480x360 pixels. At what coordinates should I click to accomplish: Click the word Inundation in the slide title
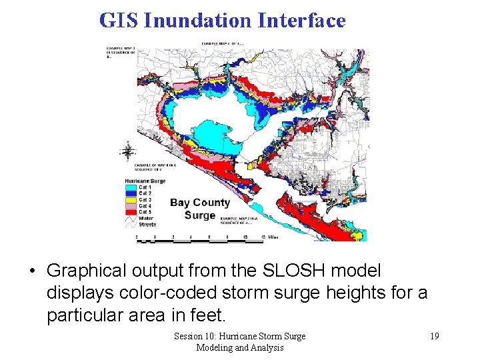click(x=198, y=21)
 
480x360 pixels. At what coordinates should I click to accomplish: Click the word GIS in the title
click(x=119, y=21)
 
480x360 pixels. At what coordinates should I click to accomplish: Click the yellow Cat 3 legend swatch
click(x=131, y=200)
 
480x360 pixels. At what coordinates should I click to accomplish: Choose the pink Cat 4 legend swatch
click(x=131, y=206)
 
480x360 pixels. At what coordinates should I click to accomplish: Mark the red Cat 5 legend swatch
click(x=131, y=212)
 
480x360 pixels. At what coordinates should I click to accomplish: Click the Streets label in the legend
click(x=147, y=225)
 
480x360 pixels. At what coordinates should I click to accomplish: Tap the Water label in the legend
click(x=146, y=218)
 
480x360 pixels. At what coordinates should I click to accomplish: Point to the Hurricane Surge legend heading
click(x=145, y=181)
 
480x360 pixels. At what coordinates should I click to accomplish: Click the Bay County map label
click(x=200, y=203)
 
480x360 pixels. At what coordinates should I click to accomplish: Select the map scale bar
click(x=207, y=236)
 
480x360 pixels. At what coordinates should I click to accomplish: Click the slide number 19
click(x=434, y=336)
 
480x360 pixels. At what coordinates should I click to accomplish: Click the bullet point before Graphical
click(x=32, y=271)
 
